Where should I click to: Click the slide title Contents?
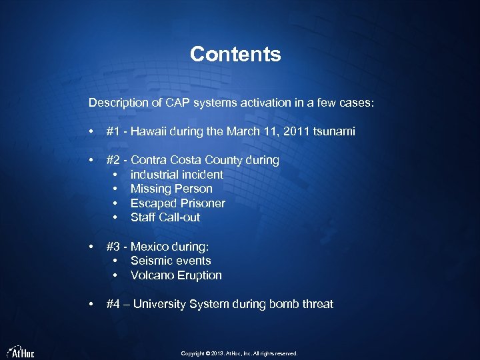pos(235,54)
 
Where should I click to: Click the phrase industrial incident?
pos(177,175)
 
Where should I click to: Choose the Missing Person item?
pos(171,189)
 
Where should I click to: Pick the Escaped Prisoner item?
pos(177,203)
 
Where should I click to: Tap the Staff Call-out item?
pos(165,217)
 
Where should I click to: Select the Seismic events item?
pos(171,261)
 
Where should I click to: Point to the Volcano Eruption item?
pos(176,275)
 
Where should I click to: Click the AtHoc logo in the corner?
pos(21,351)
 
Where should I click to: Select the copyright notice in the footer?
pos(239,353)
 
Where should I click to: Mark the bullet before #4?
pos(91,304)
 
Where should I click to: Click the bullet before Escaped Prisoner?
pos(116,203)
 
